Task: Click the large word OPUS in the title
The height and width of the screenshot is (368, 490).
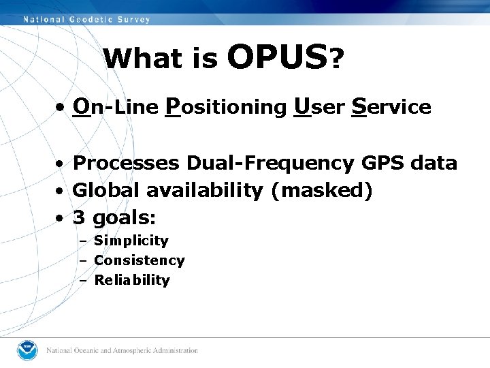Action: click(277, 57)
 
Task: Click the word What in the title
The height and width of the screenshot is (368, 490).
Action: click(144, 60)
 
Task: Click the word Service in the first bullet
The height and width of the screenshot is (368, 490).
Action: click(391, 107)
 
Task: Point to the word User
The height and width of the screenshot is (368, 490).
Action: click(320, 107)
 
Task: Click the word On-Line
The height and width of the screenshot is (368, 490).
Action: click(116, 107)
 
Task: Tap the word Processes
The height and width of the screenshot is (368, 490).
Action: click(126, 164)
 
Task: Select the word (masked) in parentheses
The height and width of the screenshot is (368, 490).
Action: click(321, 191)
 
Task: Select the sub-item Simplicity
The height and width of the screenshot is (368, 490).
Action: click(131, 241)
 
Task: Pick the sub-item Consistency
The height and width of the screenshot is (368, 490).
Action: click(139, 260)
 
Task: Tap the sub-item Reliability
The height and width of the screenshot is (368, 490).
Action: click(131, 280)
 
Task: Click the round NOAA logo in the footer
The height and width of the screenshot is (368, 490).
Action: click(29, 350)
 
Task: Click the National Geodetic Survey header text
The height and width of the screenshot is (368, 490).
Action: click(87, 19)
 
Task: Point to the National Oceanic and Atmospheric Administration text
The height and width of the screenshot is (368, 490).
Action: click(122, 350)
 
